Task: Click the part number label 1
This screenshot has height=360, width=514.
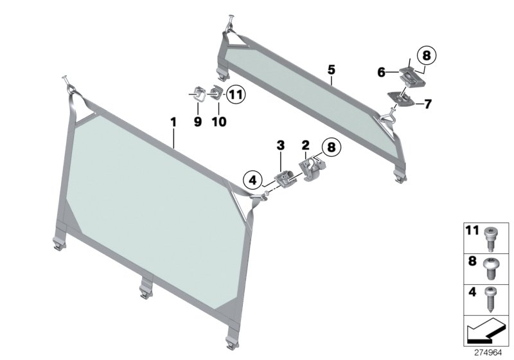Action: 172,121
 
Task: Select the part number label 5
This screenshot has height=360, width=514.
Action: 331,68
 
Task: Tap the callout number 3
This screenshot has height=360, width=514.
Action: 280,146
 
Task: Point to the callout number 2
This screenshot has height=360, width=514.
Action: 306,146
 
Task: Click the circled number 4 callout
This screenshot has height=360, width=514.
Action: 253,179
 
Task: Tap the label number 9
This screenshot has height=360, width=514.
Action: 197,121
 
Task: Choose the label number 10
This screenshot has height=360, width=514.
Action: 218,121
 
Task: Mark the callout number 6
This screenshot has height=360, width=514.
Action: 382,73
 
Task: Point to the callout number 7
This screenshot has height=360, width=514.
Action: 428,104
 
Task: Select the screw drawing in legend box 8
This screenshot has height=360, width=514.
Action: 492,266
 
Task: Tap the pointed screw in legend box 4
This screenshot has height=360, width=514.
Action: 492,300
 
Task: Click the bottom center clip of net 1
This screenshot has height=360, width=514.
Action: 144,292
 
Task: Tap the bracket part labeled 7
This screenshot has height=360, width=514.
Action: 402,97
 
